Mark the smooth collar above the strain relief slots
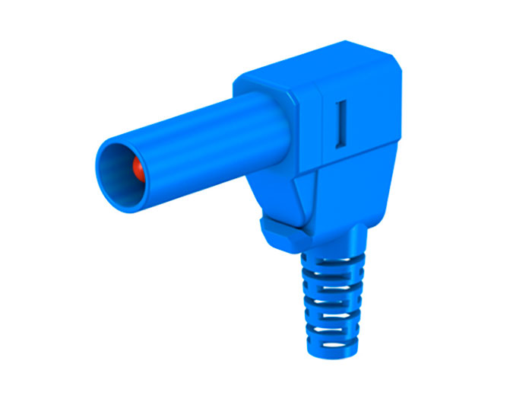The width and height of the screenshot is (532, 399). pos(334,242)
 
